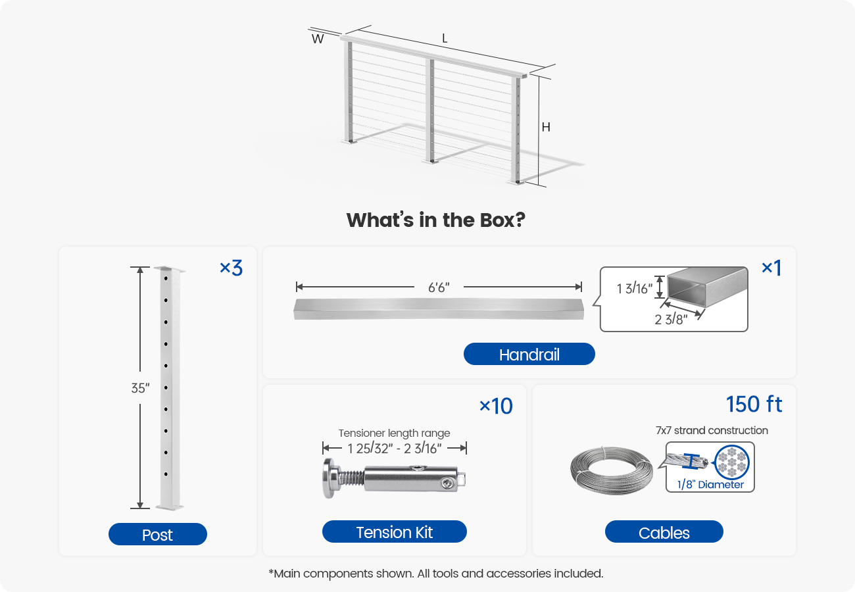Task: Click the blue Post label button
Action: coord(157,535)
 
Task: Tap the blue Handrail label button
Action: coord(529,355)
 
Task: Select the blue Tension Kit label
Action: coord(394,531)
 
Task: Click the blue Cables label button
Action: coord(664,532)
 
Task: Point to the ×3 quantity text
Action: coord(231,268)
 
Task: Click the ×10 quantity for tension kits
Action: coord(496,407)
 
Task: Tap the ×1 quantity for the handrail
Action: coord(771,268)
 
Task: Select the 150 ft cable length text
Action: coord(754,404)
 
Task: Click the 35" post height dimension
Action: coord(140,388)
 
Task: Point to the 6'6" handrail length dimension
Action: coord(439,287)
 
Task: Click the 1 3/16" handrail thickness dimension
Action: coord(634,288)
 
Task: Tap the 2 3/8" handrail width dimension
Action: coord(671,320)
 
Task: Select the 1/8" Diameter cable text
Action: coord(710,485)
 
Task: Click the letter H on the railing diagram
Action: coord(546,128)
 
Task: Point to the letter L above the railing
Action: coord(445,39)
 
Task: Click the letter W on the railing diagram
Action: coord(318,39)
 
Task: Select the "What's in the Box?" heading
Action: coord(435,220)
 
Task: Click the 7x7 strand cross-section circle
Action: coord(731,464)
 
